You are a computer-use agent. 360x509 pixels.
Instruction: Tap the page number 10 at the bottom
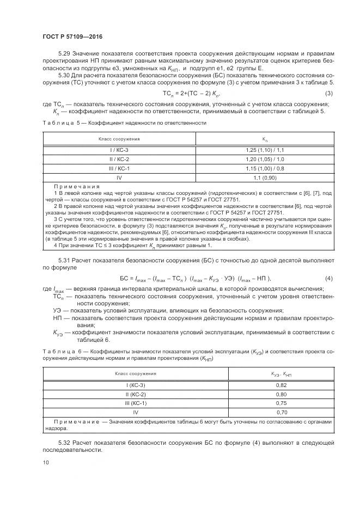tap(45, 463)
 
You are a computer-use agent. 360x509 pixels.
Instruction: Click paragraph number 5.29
tap(64, 54)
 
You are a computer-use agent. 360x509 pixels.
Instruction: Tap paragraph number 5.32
tap(64, 444)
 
